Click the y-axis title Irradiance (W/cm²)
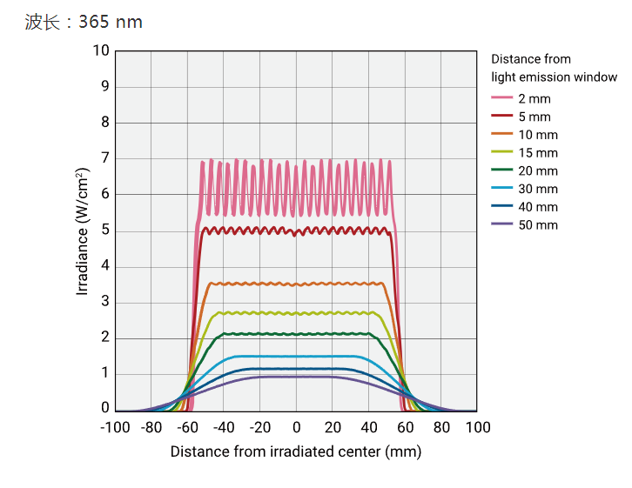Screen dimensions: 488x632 pyautogui.click(x=82, y=231)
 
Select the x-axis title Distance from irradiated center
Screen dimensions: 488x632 pyautogui.click(x=296, y=451)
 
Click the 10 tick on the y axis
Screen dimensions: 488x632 pyautogui.click(x=102, y=50)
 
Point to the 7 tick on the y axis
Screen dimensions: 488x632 pyautogui.click(x=105, y=158)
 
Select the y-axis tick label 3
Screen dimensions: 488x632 pyautogui.click(x=105, y=302)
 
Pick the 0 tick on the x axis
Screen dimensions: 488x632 pyautogui.click(x=296, y=427)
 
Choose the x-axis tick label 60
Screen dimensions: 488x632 pyautogui.click(x=406, y=427)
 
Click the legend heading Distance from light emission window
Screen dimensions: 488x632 pyautogui.click(x=554, y=68)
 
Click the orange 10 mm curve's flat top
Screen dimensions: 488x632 pyautogui.click(x=296, y=284)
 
